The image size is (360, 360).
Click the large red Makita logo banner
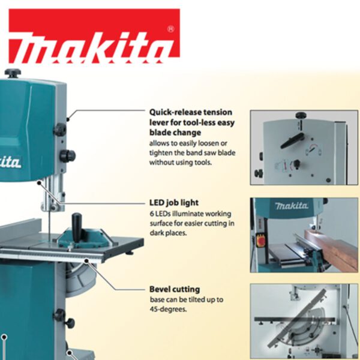94,36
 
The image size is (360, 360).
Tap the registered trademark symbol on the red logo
171,29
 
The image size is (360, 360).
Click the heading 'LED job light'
174,203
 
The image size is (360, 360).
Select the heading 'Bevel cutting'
175,289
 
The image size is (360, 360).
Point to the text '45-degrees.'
168,309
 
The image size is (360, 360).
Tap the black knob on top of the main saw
13,73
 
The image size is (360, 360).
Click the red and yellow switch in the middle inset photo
260,240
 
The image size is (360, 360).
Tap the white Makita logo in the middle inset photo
292,206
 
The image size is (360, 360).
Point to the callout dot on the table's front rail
86,261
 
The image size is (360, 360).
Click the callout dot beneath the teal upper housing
39,183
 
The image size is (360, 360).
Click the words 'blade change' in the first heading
175,133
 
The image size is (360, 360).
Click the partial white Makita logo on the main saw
10,161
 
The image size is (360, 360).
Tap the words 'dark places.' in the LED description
168,233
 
